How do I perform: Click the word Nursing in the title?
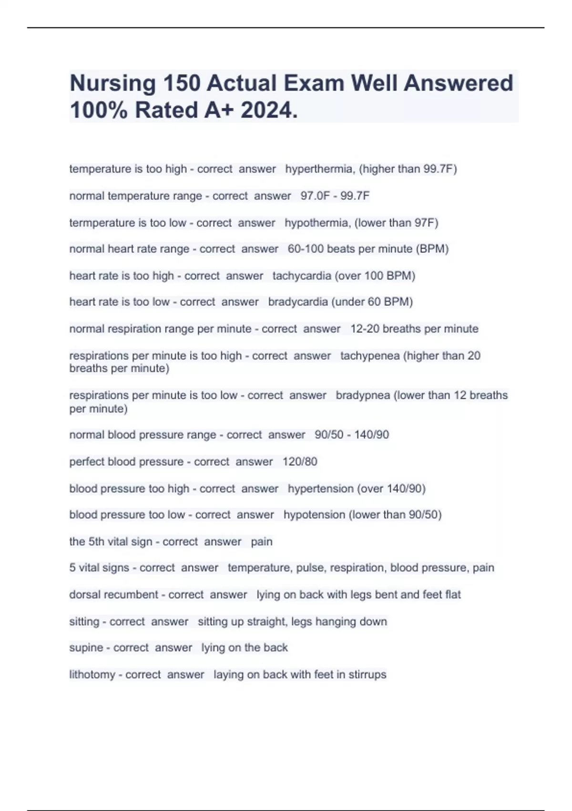tap(113, 83)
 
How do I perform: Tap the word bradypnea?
tap(363, 395)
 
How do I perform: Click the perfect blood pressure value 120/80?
tap(300, 462)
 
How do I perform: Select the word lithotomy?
tap(92, 675)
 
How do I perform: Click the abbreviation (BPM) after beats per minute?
tap(432, 249)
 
